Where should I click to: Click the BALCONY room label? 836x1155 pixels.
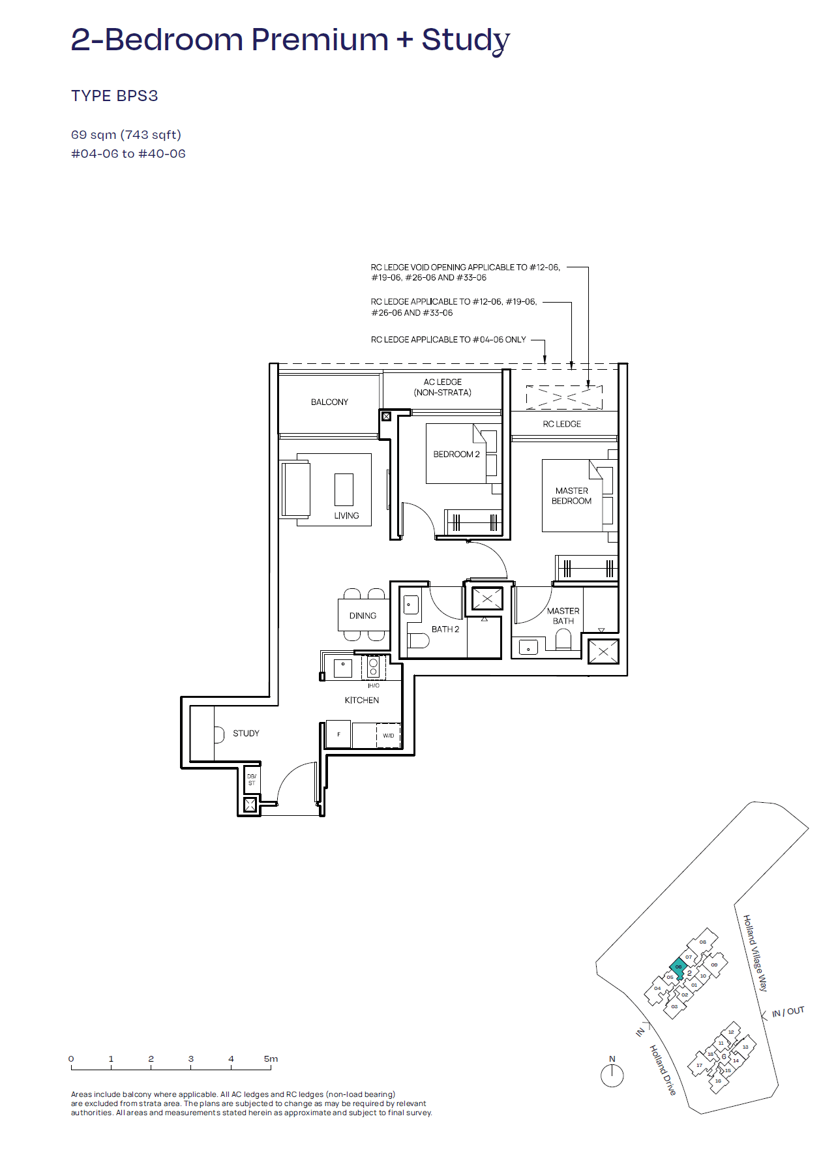pyautogui.click(x=329, y=402)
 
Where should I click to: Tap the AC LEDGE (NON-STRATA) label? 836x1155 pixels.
pyautogui.click(x=442, y=387)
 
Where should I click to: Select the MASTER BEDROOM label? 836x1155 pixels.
pyautogui.click(x=571, y=496)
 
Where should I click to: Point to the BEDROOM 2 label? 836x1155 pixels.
pyautogui.click(x=456, y=454)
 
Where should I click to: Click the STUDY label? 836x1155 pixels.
pyautogui.click(x=246, y=733)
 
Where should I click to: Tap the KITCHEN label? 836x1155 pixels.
pyautogui.click(x=361, y=700)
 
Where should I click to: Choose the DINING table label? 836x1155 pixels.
pyautogui.click(x=363, y=616)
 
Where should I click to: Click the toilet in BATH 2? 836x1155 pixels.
pyautogui.click(x=418, y=640)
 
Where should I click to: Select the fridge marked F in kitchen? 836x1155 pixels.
pyautogui.click(x=338, y=734)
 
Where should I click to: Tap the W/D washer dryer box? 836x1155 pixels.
pyautogui.click(x=388, y=735)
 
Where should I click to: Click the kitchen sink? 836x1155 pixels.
pyautogui.click(x=342, y=667)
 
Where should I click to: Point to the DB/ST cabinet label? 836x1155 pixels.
pyautogui.click(x=252, y=779)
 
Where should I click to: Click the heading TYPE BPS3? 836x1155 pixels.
pyautogui.click(x=114, y=96)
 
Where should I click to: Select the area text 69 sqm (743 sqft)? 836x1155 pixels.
pyautogui.click(x=126, y=134)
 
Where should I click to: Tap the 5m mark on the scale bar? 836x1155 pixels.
pyautogui.click(x=271, y=1059)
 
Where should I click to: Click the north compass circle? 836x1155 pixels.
pyautogui.click(x=612, y=1075)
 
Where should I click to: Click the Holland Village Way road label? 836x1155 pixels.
pyautogui.click(x=755, y=952)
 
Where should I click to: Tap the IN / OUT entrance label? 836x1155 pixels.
pyautogui.click(x=788, y=1012)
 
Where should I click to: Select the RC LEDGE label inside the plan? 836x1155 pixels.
pyautogui.click(x=561, y=424)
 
